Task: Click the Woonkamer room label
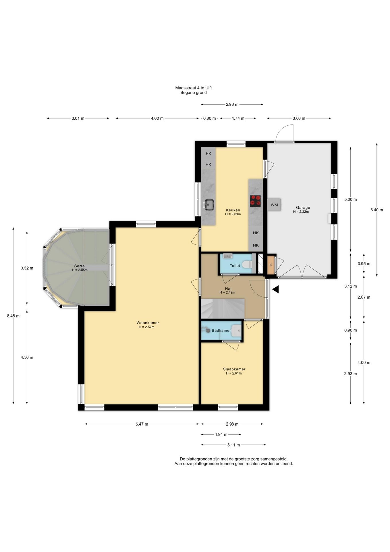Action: (x=148, y=323)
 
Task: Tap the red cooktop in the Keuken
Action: (x=255, y=201)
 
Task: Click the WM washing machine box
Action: (x=274, y=205)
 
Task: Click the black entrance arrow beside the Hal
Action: (x=275, y=290)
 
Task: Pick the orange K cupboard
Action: (x=271, y=265)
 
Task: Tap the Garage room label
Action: (x=303, y=207)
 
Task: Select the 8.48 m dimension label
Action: (x=13, y=316)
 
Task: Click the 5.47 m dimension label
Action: (x=142, y=424)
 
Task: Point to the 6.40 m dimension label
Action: (x=377, y=210)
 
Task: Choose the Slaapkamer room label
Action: (x=234, y=369)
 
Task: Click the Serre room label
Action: (x=79, y=266)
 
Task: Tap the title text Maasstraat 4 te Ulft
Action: (x=194, y=88)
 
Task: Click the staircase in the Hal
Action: (x=223, y=308)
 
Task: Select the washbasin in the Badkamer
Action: (x=236, y=330)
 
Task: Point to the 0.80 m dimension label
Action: (x=209, y=118)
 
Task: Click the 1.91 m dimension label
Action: (x=221, y=434)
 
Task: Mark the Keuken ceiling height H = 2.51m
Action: (x=233, y=214)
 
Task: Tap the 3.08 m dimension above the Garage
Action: (x=299, y=118)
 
